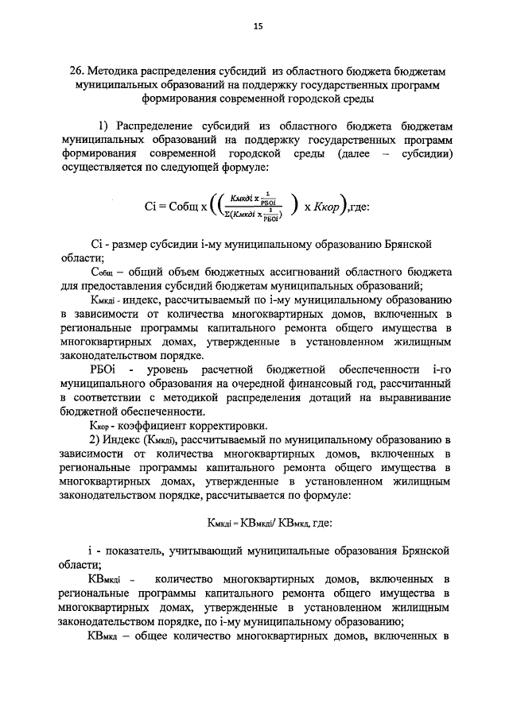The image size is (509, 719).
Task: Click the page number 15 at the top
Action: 258,26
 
